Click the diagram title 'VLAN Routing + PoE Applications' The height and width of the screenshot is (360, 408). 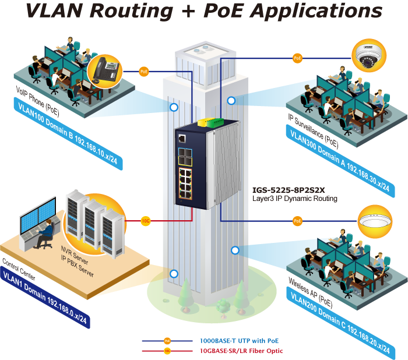pyautogui.click(x=204, y=13)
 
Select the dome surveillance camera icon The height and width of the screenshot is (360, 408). pyautogui.click(x=370, y=57)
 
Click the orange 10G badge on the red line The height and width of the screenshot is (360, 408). pyautogui.click(x=146, y=221)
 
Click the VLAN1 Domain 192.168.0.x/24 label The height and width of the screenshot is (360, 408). pyautogui.click(x=46, y=297)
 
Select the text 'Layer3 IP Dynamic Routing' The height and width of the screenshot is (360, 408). pyautogui.click(x=294, y=198)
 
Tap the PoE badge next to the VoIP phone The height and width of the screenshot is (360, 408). pyautogui.click(x=144, y=71)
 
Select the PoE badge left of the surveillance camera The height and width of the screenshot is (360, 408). pyautogui.click(x=297, y=58)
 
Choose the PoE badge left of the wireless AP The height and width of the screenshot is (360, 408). pyautogui.click(x=297, y=221)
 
